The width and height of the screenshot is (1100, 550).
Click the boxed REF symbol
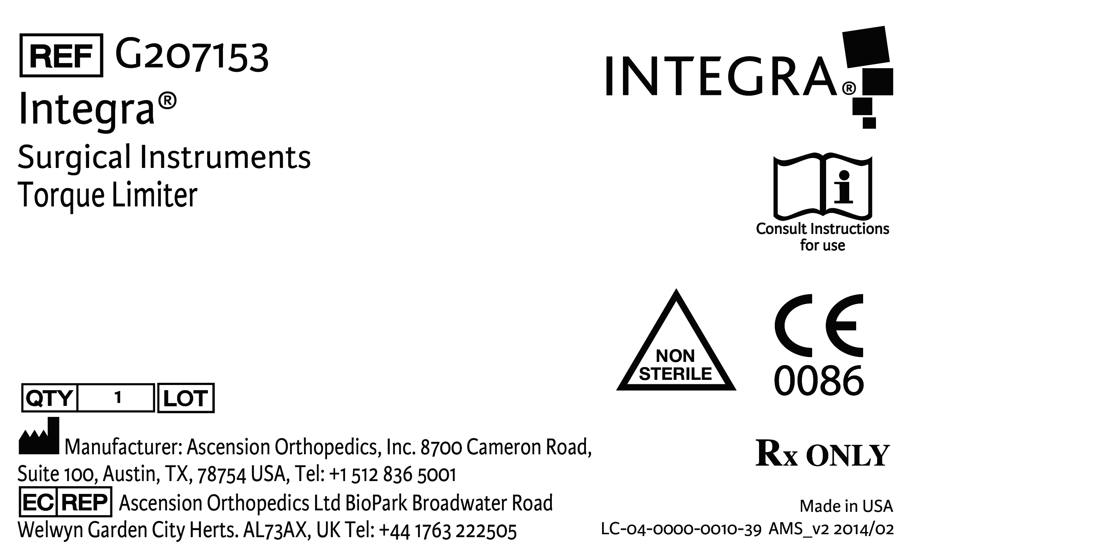(x=61, y=55)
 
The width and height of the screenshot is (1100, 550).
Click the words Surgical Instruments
(x=164, y=157)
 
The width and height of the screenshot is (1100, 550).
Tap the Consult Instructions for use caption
(x=822, y=237)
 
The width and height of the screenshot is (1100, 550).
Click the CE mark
(x=819, y=325)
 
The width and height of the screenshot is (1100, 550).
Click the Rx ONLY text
(x=822, y=454)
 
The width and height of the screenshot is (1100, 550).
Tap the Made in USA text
(x=846, y=506)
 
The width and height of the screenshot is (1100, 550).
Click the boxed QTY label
(x=49, y=398)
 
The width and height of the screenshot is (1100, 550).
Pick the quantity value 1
(x=118, y=397)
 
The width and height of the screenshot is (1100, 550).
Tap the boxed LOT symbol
(x=186, y=398)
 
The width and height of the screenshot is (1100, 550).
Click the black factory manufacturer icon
(x=39, y=436)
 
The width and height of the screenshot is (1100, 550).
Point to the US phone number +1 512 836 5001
(x=393, y=474)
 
